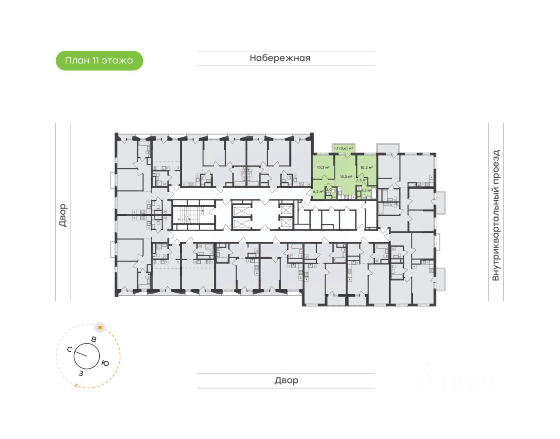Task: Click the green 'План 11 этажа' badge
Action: (x=99, y=61)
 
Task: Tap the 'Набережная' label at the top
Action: (x=280, y=58)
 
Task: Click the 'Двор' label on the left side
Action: (x=63, y=215)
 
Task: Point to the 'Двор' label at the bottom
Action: (x=286, y=380)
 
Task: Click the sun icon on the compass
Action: (x=100, y=327)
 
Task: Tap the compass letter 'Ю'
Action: (x=105, y=363)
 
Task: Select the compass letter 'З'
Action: (x=80, y=373)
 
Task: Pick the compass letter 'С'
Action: (x=70, y=349)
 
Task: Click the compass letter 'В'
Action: (x=93, y=339)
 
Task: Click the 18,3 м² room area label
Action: (x=346, y=177)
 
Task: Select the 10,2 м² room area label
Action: (x=366, y=167)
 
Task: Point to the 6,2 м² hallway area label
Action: (x=318, y=192)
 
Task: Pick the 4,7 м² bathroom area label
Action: (x=366, y=191)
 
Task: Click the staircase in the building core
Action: (x=189, y=215)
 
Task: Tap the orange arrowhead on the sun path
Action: (x=77, y=386)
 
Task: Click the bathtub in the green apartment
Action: (x=373, y=194)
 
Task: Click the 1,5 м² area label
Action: (x=361, y=180)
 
